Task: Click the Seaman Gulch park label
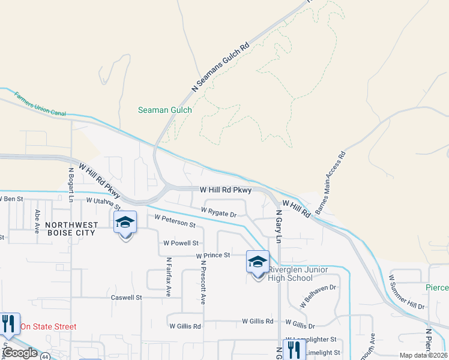[165, 110]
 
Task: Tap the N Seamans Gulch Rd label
[220, 67]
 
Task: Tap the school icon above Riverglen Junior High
[258, 263]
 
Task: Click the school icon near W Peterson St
[125, 224]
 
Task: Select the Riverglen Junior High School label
[298, 274]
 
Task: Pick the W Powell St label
[181, 243]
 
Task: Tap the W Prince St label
[213, 256]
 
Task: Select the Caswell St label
[126, 297]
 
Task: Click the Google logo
[20, 353]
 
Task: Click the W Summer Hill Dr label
[406, 293]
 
